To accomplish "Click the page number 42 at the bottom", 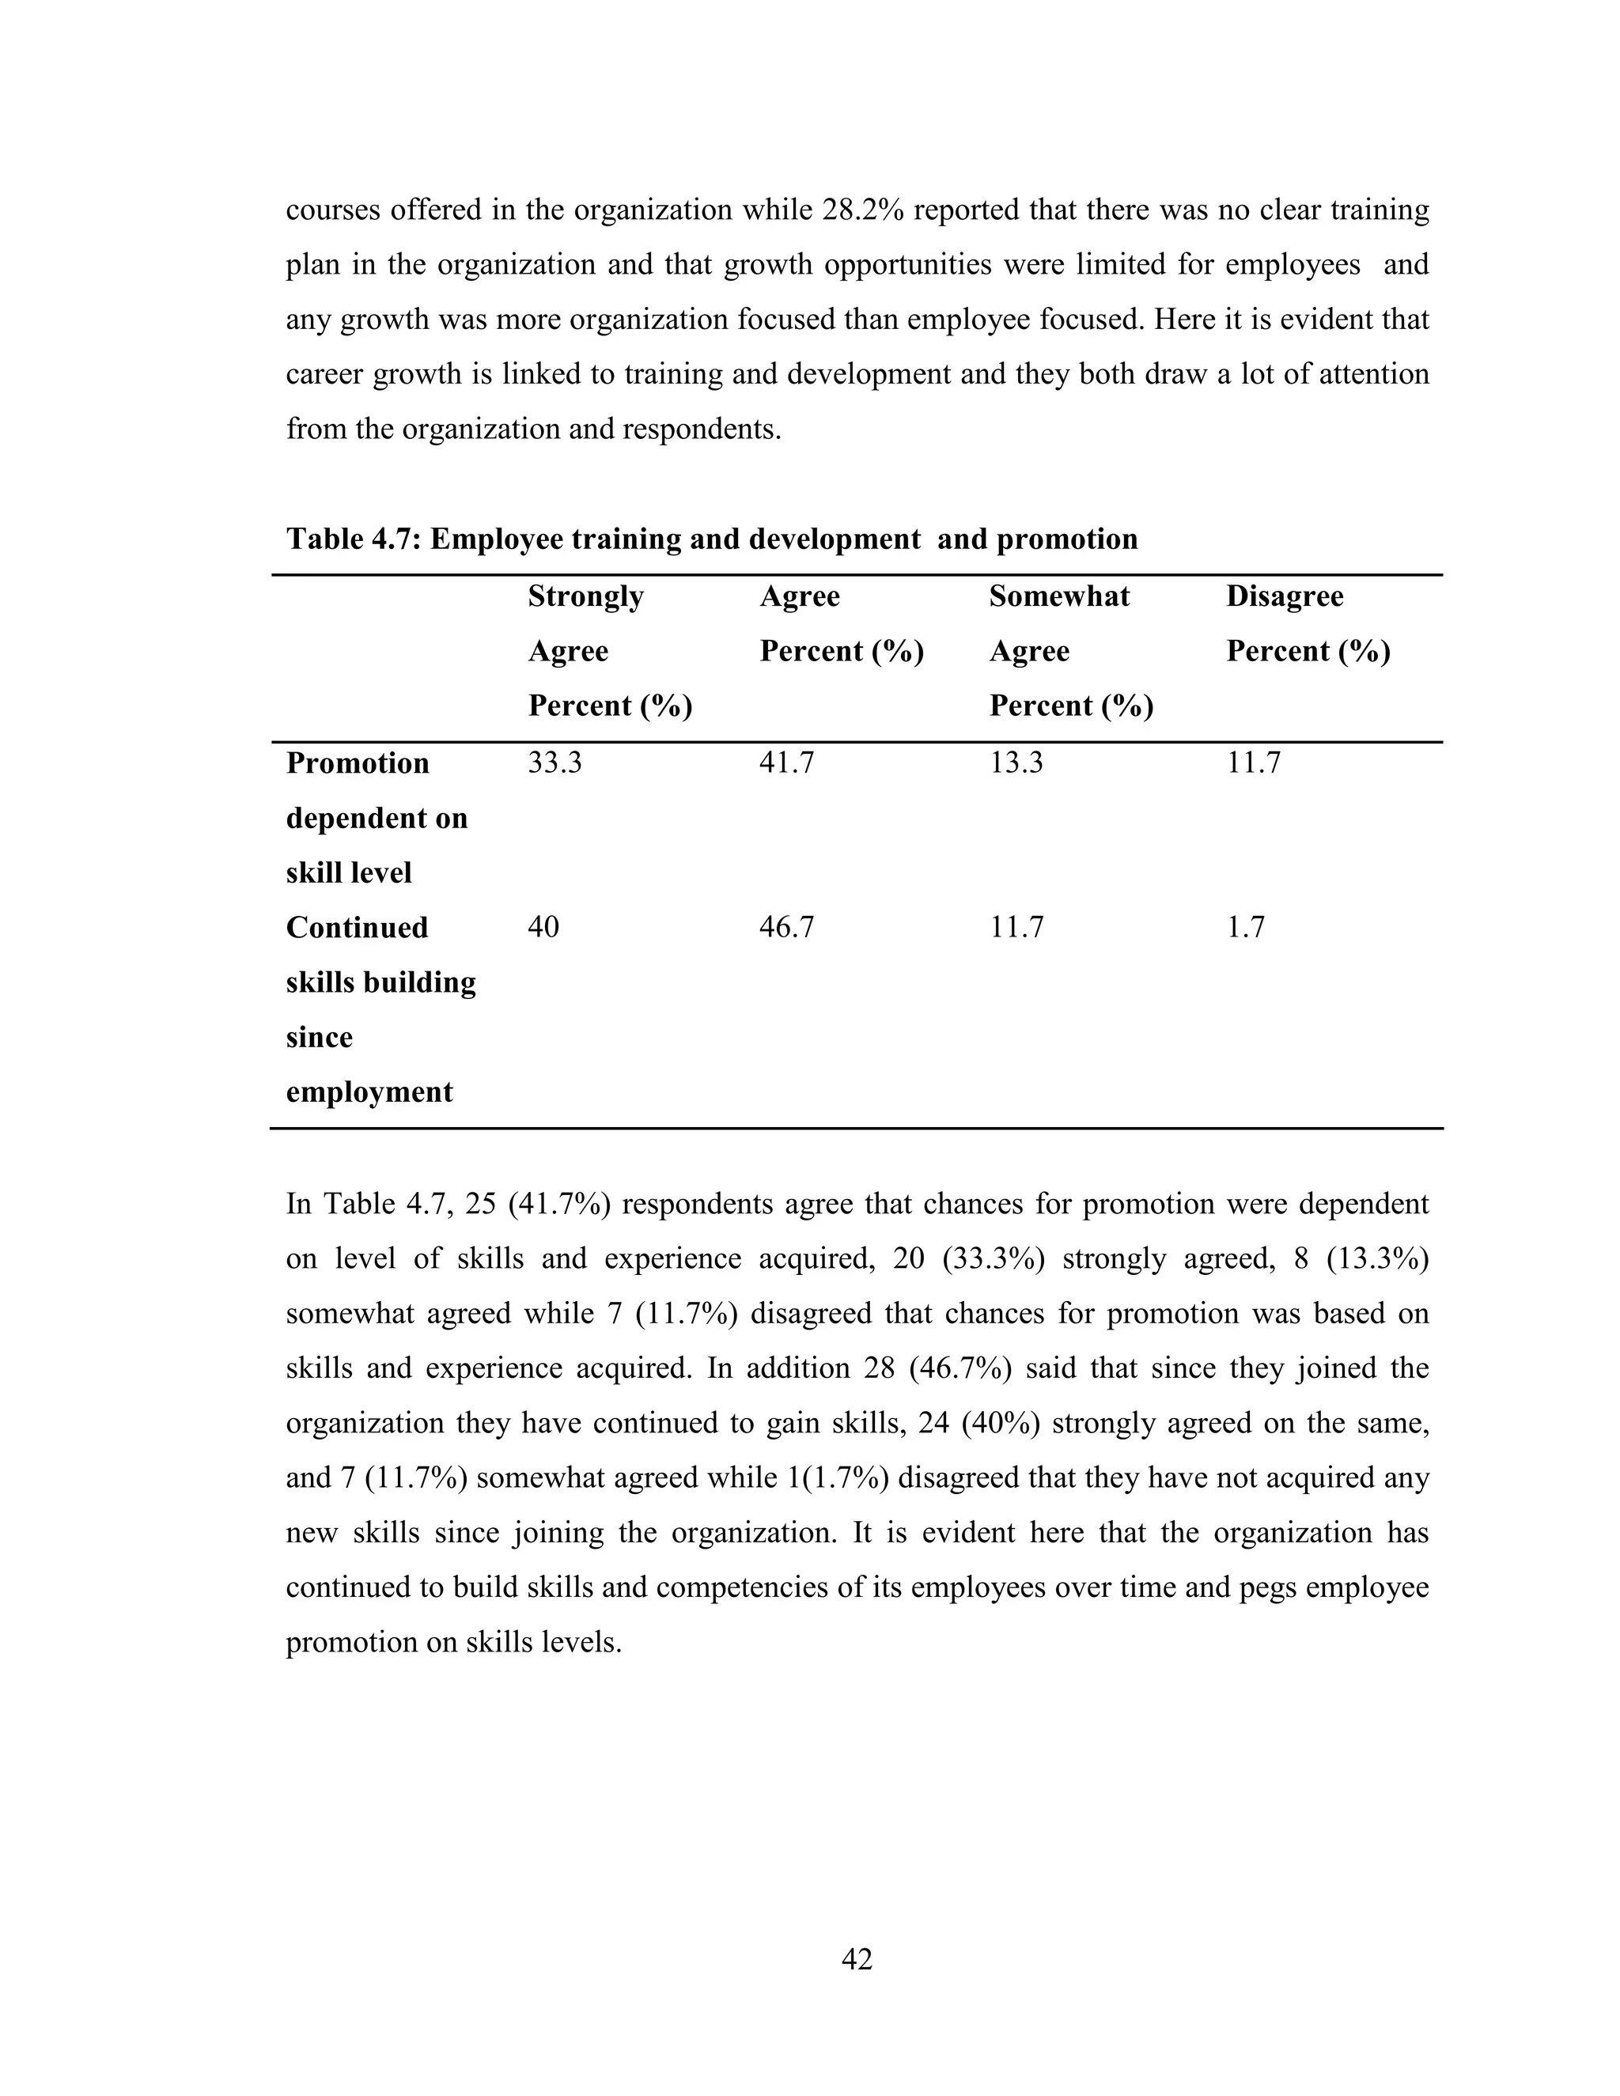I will point(856,1958).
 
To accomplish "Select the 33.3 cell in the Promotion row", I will point(555,763).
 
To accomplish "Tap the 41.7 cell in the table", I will point(786,763).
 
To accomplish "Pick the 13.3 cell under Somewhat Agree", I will point(1016,763).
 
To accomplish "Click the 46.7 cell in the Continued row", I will point(786,927).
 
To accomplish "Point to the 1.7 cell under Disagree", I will point(1245,927).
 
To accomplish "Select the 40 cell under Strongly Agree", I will point(543,927).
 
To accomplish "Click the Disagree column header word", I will point(1284,597).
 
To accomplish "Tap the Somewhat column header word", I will point(1059,597).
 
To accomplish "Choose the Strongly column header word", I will point(585,597).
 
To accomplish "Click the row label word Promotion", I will point(357,763).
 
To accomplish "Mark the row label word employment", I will point(369,1092).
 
